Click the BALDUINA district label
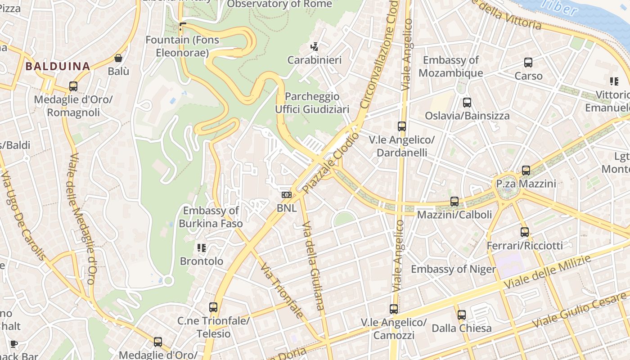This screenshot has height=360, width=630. coord(58,67)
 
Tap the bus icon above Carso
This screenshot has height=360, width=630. coord(528,63)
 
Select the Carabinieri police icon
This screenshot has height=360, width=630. coord(315,46)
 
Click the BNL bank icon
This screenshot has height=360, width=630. coord(286,195)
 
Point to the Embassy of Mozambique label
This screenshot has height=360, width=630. coord(451,66)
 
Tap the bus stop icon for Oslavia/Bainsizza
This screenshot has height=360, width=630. coord(467,102)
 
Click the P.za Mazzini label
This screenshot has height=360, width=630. coord(526,184)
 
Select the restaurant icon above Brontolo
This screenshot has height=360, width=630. coord(202,247)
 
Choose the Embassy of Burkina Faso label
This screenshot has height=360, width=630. coord(211,216)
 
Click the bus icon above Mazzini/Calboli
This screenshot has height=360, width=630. coord(454,201)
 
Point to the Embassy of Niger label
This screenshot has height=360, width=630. coord(453,269)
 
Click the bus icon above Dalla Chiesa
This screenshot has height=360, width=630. coord(462,315)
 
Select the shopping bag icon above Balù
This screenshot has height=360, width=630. coord(118,58)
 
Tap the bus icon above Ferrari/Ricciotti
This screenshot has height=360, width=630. coord(525,232)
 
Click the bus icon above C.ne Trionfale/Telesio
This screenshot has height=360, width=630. coord(213,307)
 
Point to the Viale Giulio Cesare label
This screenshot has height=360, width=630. coord(579,310)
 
